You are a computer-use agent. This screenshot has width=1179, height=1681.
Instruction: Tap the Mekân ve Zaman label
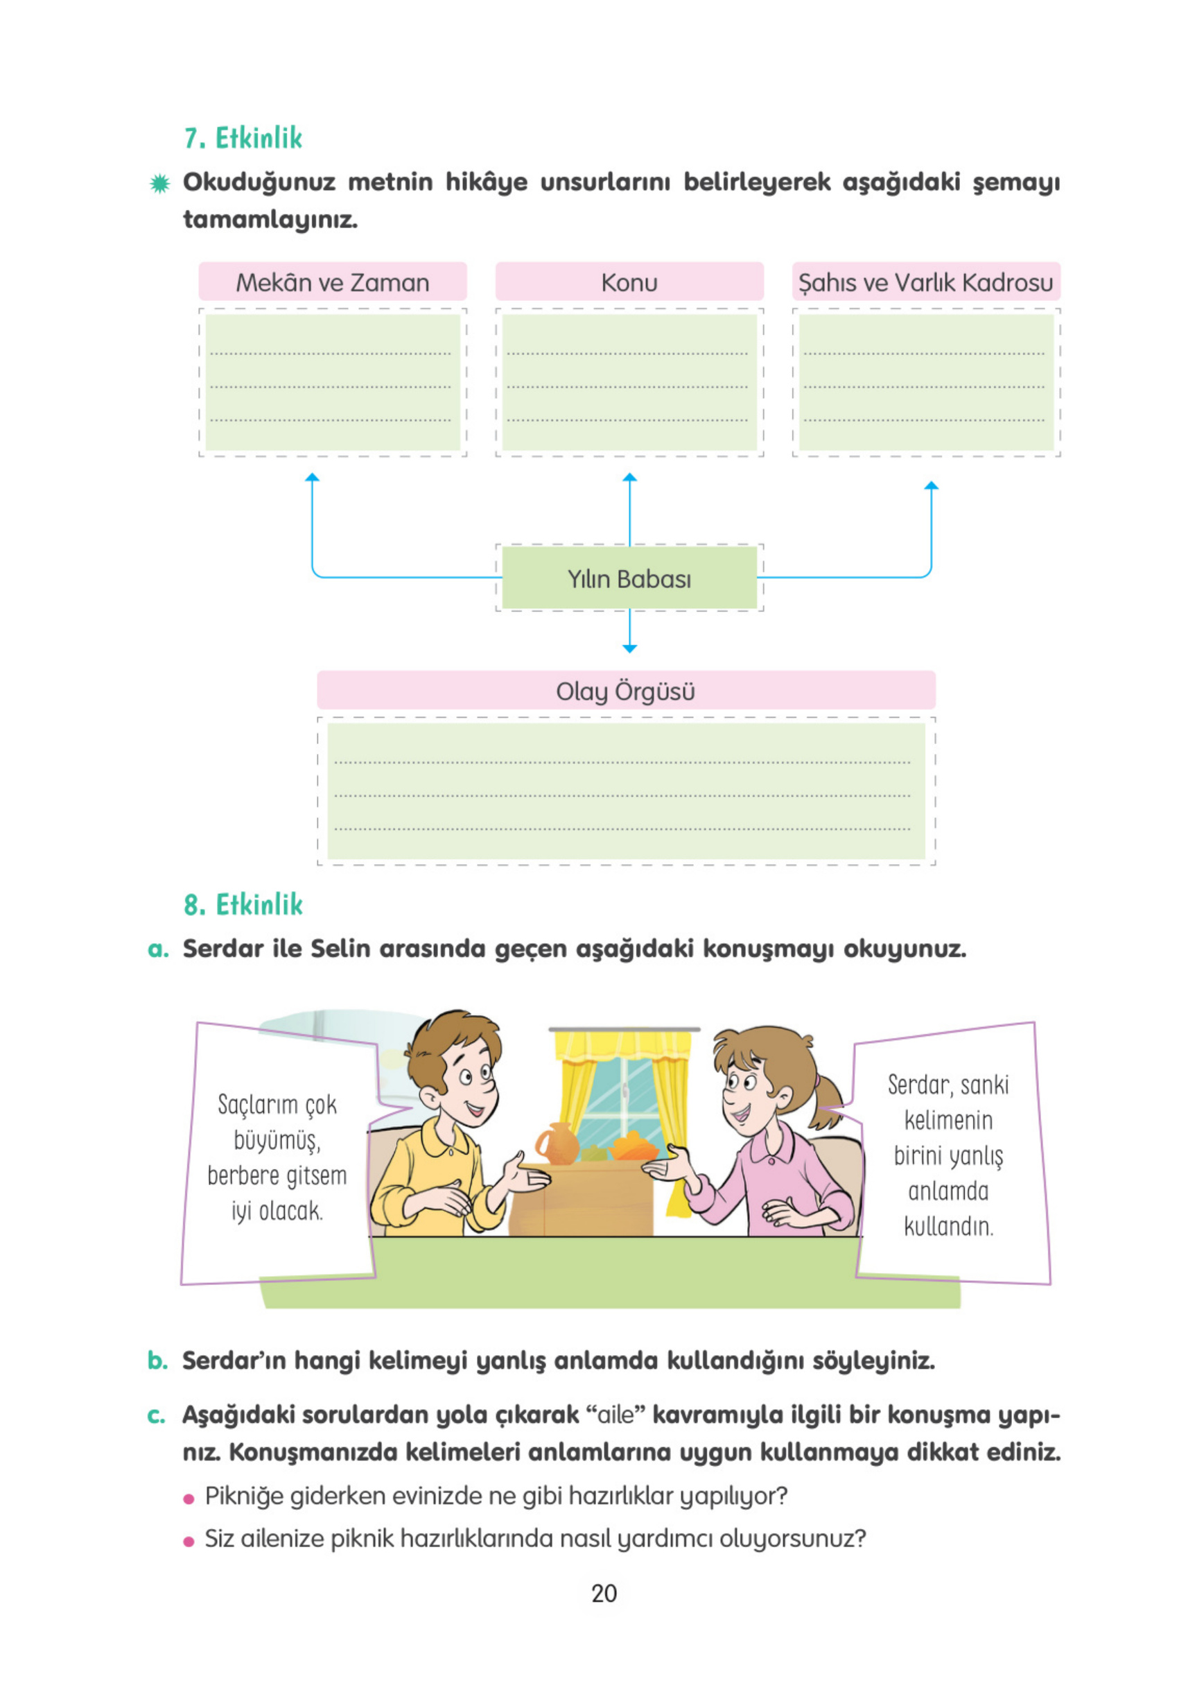(x=332, y=283)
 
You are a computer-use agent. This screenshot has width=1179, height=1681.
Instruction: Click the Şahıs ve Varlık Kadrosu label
(x=925, y=283)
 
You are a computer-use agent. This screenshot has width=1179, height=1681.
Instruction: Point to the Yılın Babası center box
(x=629, y=578)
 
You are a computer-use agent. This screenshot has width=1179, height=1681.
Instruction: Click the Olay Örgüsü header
(x=625, y=691)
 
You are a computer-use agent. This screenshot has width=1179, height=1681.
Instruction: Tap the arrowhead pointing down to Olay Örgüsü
(x=629, y=648)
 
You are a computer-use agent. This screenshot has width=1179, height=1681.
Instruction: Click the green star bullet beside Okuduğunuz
(x=159, y=184)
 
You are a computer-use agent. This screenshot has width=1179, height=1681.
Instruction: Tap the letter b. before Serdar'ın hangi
(x=157, y=1361)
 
